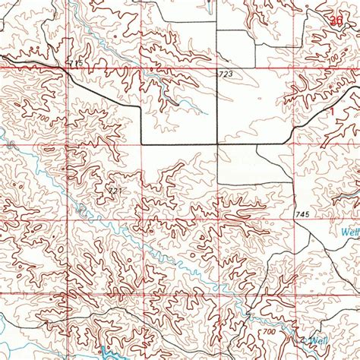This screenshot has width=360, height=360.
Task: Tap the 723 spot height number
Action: [225, 74]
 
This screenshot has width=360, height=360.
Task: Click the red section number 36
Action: [336, 22]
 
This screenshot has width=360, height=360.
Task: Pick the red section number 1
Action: [333, 111]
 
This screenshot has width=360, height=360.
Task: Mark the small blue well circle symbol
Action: [311, 335]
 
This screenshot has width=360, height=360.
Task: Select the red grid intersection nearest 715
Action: [68, 69]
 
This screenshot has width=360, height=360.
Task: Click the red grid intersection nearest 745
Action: [293, 220]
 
